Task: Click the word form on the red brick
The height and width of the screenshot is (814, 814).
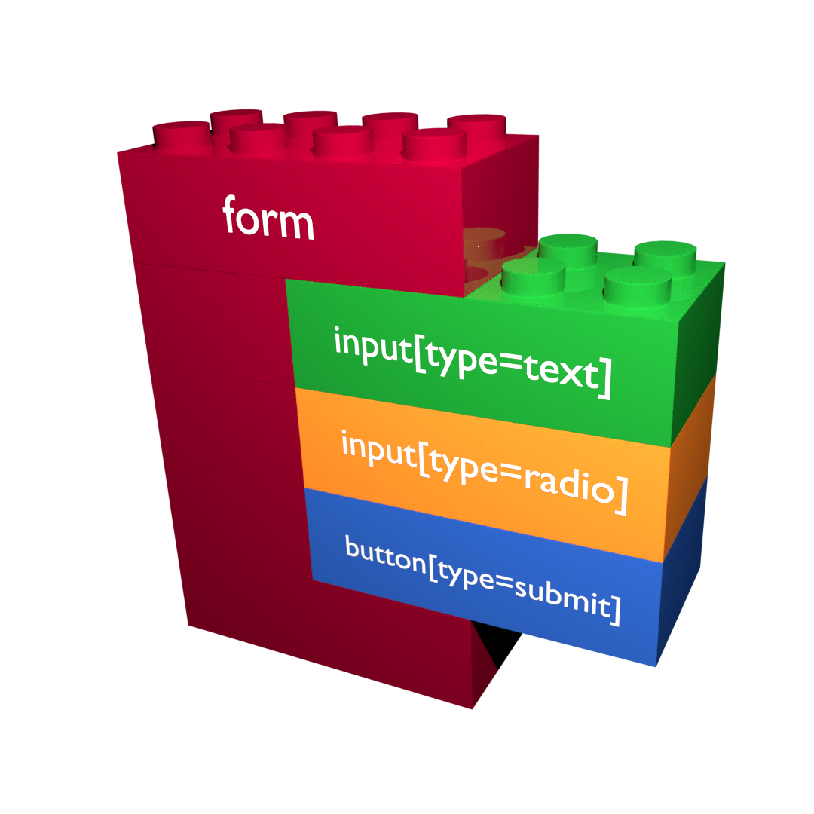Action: click(x=268, y=218)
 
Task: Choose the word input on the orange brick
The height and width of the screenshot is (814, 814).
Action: click(x=378, y=445)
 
